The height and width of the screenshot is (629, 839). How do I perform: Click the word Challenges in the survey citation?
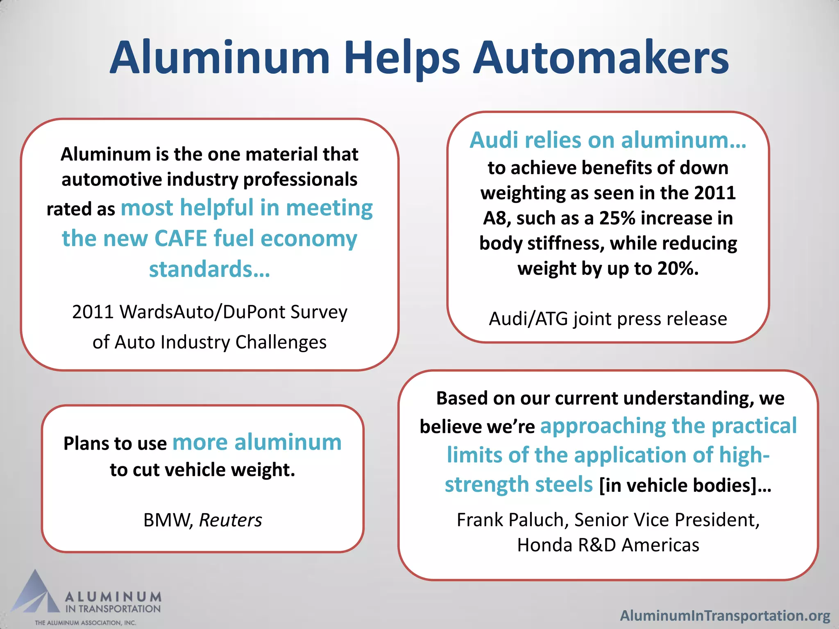click(281, 342)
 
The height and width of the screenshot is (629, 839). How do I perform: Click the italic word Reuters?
click(230, 520)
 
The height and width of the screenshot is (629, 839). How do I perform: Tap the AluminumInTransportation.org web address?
click(725, 615)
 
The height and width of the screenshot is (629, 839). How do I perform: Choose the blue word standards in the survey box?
click(209, 269)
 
